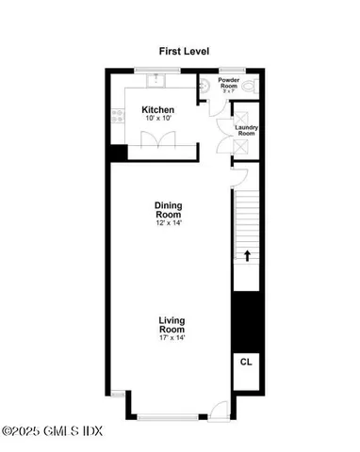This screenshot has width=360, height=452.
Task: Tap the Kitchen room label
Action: tap(158, 110)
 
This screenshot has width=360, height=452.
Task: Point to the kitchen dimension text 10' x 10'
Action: tap(158, 120)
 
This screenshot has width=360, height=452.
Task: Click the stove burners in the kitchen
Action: tap(119, 117)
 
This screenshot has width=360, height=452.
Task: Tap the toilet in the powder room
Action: tap(248, 86)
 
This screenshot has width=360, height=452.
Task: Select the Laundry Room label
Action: tap(246, 130)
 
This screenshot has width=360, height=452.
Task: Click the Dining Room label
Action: tap(168, 211)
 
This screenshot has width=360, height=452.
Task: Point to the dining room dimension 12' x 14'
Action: tap(168, 224)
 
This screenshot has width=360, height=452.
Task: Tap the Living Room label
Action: tap(170, 325)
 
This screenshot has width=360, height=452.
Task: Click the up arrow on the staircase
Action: tap(248, 254)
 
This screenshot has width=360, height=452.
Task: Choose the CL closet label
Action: tap(247, 362)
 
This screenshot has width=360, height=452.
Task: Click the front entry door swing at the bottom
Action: tap(219, 407)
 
